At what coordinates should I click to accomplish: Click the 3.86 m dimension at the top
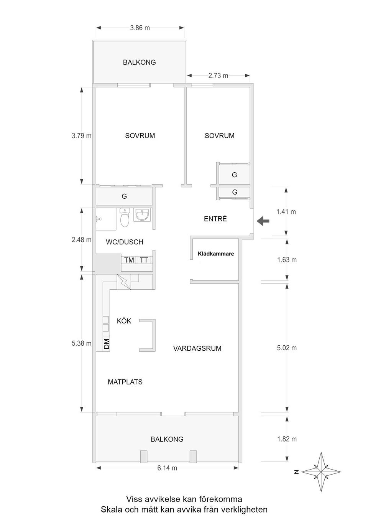140,28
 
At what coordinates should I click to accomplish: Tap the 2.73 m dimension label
218,76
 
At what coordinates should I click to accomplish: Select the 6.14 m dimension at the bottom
167,468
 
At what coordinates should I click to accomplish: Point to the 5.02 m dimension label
287,348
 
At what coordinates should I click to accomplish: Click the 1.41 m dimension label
286,211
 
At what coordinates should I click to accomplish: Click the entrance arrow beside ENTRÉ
263,221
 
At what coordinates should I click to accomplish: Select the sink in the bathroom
142,215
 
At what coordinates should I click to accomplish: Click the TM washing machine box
129,260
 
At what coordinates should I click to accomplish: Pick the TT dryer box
144,260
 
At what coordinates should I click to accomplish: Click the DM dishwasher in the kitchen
106,343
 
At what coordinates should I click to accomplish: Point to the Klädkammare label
216,254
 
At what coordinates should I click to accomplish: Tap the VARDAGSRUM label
197,348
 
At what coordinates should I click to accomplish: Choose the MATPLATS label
125,382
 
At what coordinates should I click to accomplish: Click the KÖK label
124,321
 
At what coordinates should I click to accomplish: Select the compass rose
321,472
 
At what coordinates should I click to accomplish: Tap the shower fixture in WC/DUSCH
98,219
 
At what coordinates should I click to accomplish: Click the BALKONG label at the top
139,62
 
